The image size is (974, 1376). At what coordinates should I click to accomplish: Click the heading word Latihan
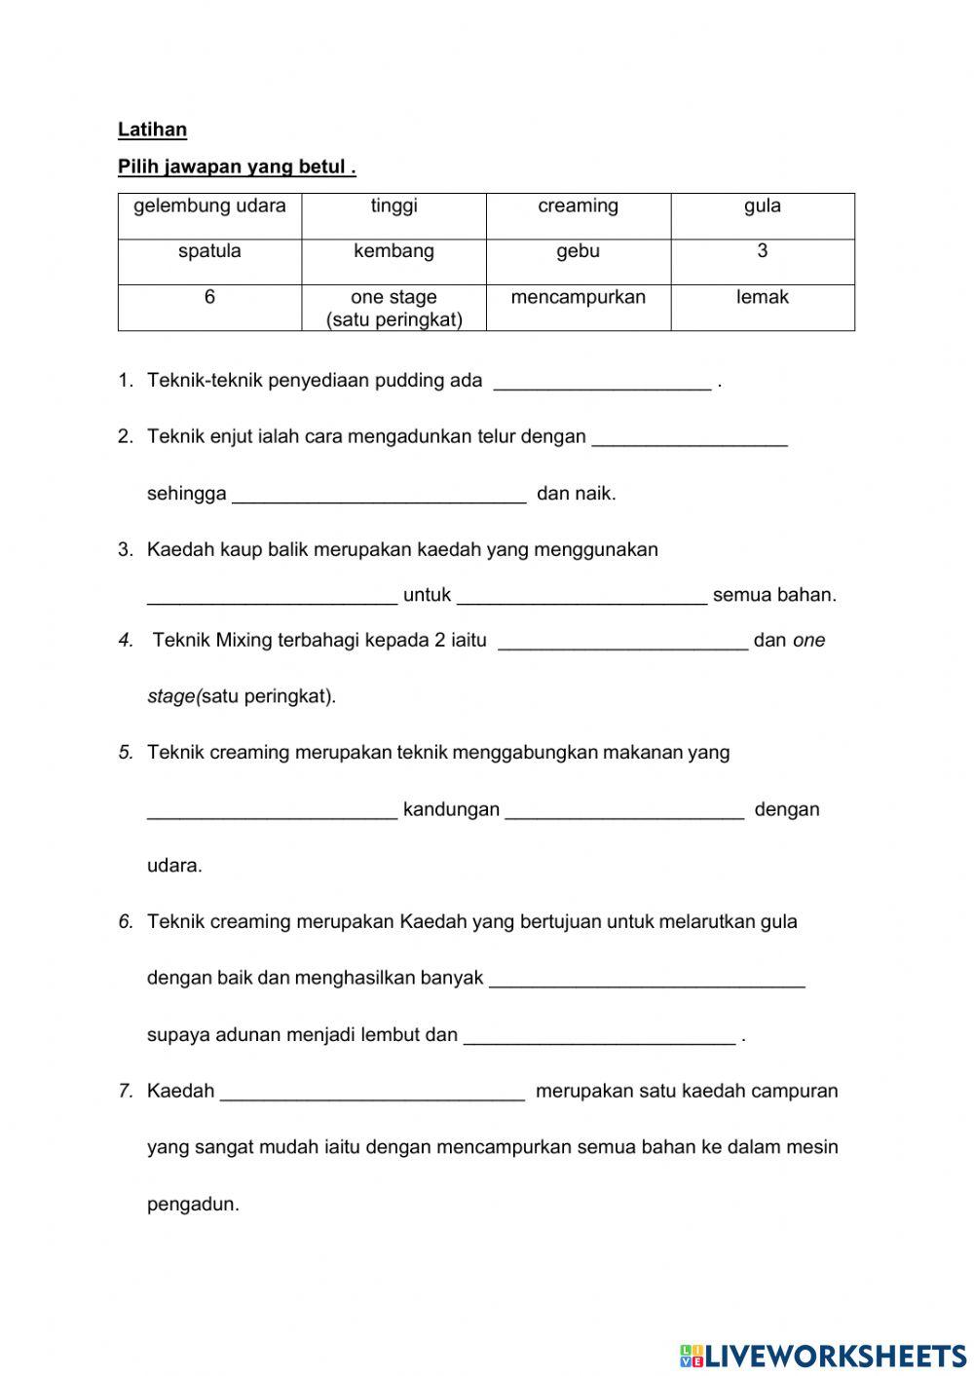[x=152, y=130]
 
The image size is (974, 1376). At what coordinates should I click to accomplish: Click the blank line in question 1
[x=602, y=384]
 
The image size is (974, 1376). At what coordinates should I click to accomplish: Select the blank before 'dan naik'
[x=380, y=497]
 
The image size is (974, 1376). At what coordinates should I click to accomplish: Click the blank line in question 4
[x=622, y=644]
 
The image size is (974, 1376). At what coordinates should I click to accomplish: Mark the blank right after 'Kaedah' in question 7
[x=372, y=1095]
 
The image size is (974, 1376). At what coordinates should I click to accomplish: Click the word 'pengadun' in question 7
[x=193, y=1205]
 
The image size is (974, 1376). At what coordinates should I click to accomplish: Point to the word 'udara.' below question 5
[x=174, y=866]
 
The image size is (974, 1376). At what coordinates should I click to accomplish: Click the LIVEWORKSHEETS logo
[x=823, y=1355]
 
